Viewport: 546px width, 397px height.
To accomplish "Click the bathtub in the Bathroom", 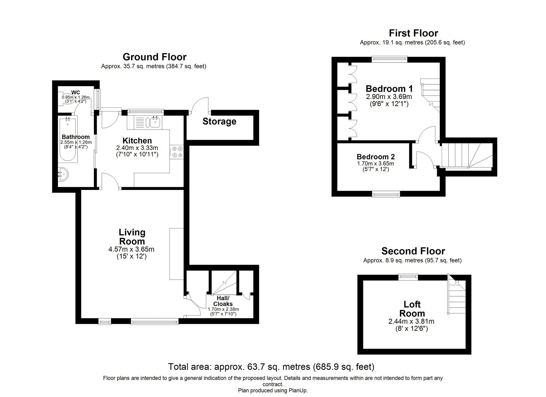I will pyautogui.click(x=68, y=139).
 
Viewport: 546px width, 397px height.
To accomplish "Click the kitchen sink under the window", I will pyautogui.click(x=155, y=122).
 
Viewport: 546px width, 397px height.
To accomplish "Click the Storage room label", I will pyautogui.click(x=219, y=121).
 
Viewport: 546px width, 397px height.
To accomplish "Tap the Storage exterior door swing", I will pyautogui.click(x=200, y=105).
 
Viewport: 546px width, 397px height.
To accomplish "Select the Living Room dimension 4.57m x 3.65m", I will pyautogui.click(x=131, y=249).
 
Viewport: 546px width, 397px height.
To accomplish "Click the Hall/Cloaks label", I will pyautogui.click(x=223, y=301).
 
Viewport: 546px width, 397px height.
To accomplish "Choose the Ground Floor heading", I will pyautogui.click(x=155, y=57).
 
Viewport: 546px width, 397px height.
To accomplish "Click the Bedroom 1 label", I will pyautogui.click(x=389, y=89).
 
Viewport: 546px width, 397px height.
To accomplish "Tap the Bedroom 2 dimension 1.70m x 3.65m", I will pyautogui.click(x=375, y=164).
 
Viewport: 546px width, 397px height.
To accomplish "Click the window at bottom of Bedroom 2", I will pyautogui.click(x=386, y=194).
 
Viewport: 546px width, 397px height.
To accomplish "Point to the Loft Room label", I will pyautogui.click(x=412, y=309).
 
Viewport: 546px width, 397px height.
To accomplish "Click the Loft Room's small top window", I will pyautogui.click(x=408, y=277).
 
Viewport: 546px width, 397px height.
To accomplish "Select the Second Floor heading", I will pyautogui.click(x=413, y=251).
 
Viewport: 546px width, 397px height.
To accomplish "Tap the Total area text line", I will pyautogui.click(x=271, y=367).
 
